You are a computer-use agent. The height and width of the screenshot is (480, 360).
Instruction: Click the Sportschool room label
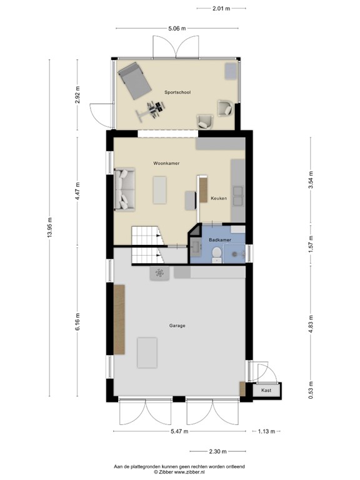click(177, 92)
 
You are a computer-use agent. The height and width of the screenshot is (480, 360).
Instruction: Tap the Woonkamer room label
click(166, 163)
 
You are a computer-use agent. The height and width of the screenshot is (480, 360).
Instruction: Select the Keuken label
click(218, 198)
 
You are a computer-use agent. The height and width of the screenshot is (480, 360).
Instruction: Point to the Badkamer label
click(220, 240)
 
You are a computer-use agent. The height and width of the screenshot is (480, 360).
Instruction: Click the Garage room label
click(177, 326)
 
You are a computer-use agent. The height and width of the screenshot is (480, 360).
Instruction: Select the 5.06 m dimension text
click(177, 27)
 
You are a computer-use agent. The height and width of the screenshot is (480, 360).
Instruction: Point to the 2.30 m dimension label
click(217, 451)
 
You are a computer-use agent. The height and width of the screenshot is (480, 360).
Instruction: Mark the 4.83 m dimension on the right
click(311, 325)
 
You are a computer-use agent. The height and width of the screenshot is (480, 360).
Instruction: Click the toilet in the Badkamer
click(216, 252)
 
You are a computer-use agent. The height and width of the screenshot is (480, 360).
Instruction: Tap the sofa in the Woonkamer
click(124, 189)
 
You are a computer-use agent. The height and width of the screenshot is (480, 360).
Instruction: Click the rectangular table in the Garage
click(147, 352)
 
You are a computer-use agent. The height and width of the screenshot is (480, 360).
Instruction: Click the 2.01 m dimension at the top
click(221, 8)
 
